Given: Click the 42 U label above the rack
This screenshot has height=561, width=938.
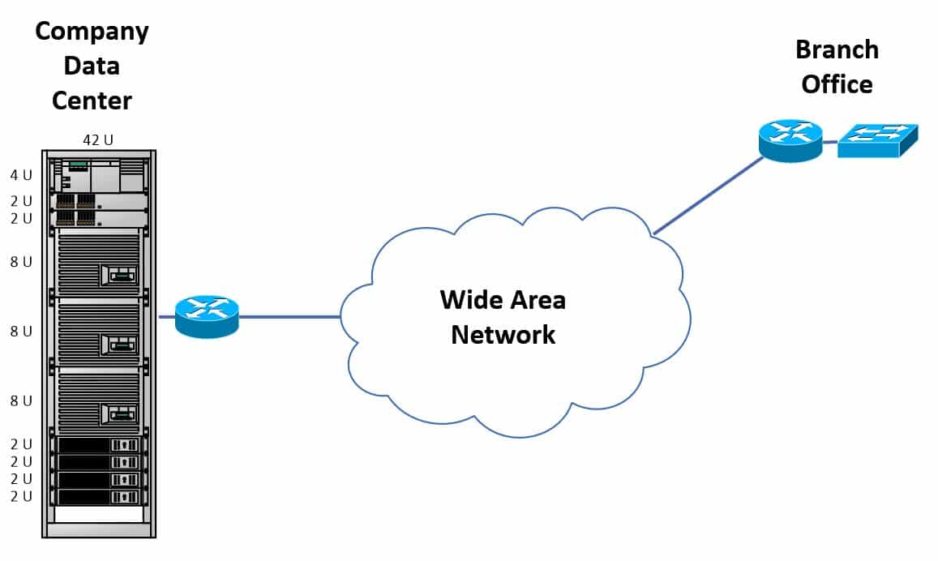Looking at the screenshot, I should tap(98, 140).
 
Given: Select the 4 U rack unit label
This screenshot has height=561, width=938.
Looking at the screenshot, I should tap(21, 174).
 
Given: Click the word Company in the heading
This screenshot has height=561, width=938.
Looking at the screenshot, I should tap(92, 31).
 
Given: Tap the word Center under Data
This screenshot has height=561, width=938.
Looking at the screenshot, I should tap(92, 101).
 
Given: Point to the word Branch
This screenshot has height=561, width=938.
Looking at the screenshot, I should tap(837, 49).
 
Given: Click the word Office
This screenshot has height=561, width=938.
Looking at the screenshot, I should tap(837, 84).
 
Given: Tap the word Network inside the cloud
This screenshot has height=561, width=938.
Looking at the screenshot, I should tap(503, 334).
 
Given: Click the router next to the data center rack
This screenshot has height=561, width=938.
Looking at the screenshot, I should tap(207, 316).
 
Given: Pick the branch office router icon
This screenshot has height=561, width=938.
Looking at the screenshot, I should tap(790, 140).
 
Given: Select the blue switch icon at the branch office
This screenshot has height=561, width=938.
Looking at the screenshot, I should tap(877, 140).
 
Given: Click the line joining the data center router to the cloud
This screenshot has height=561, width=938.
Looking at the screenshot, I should tap(289, 317).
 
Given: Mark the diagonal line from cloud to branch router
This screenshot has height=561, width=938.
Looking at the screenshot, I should tap(707, 196).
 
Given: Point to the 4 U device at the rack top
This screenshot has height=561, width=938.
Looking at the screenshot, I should tap(98, 174).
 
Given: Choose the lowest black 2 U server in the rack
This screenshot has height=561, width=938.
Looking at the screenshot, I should tap(98, 497).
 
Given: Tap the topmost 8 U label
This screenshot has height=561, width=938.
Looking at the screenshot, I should tap(21, 262).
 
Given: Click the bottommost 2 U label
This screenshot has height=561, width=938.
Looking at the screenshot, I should tap(21, 497).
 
